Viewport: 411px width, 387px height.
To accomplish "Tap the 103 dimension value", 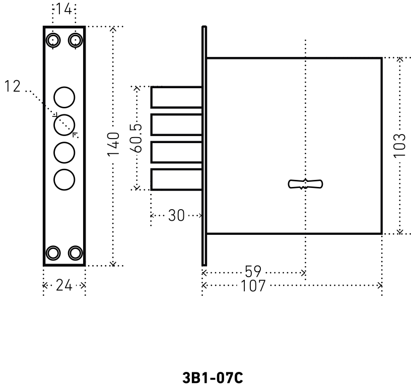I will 399,145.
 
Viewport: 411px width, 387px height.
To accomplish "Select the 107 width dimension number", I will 254,286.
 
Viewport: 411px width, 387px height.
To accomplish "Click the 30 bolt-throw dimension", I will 176,216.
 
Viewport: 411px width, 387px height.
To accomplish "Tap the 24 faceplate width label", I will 64,286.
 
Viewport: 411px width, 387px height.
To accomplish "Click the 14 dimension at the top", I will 64,9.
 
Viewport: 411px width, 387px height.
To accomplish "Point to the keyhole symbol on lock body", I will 305,184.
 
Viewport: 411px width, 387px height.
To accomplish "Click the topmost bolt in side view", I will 177,97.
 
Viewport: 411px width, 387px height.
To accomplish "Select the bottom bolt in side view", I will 177,179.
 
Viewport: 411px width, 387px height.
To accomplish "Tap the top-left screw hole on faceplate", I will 52,40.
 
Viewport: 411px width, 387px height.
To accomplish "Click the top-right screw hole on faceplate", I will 76,40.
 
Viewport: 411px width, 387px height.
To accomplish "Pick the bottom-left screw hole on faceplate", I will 52,253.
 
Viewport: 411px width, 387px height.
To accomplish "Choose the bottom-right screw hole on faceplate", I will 76,253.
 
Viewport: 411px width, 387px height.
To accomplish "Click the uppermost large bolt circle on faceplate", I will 64,97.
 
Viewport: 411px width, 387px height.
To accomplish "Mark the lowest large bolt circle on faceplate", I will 64,179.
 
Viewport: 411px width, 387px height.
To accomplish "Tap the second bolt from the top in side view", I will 177,124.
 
